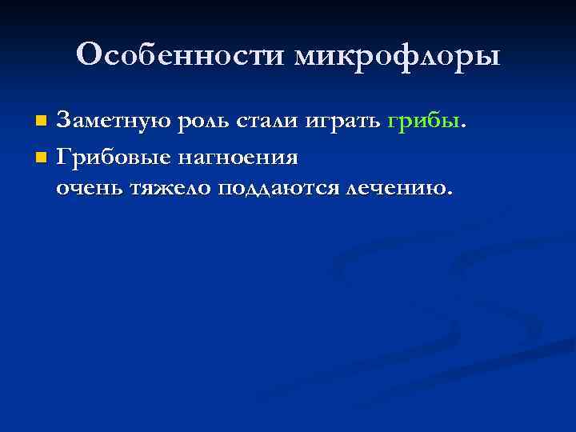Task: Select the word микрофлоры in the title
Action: point(397,56)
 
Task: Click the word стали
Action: point(263,122)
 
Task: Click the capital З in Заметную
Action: point(63,122)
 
